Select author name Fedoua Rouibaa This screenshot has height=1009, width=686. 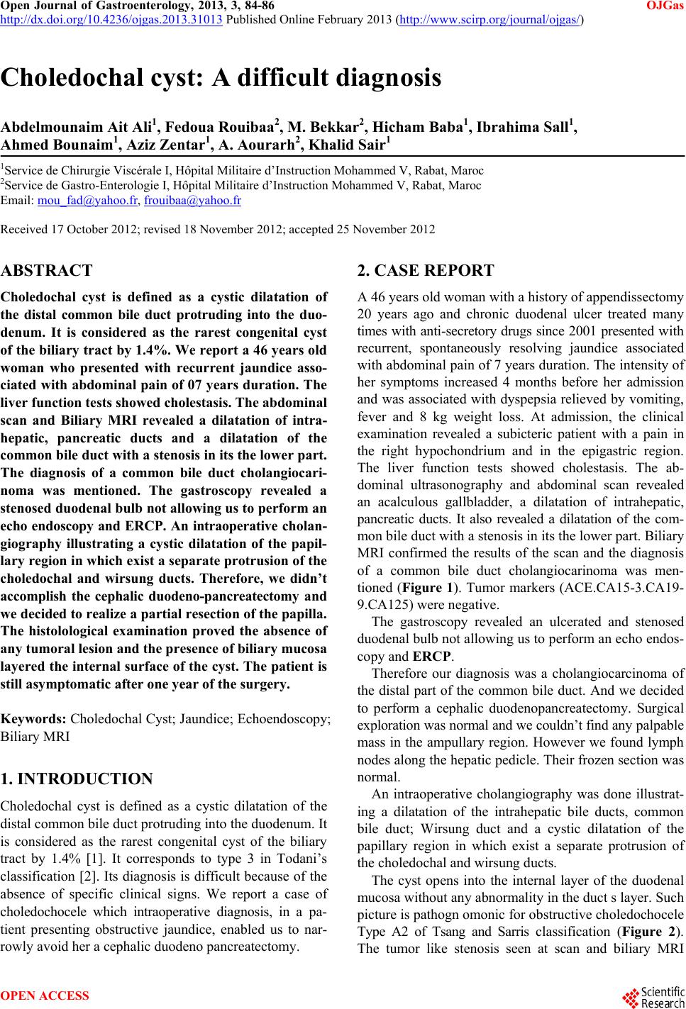tap(213, 127)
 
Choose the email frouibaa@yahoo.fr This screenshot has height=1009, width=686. tap(192, 201)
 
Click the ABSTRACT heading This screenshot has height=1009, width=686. tap(47, 270)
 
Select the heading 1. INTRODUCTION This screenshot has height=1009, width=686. tap(77, 779)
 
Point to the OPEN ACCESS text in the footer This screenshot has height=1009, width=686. tap(45, 996)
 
